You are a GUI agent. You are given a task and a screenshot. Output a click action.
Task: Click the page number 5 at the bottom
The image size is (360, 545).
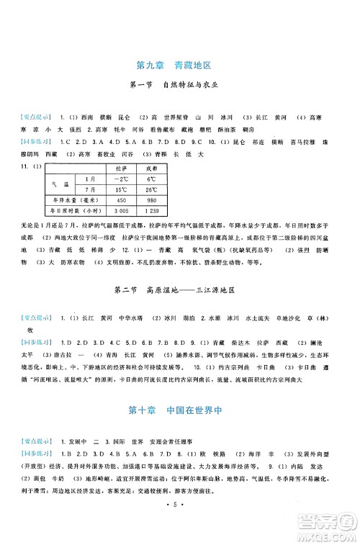180,517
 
